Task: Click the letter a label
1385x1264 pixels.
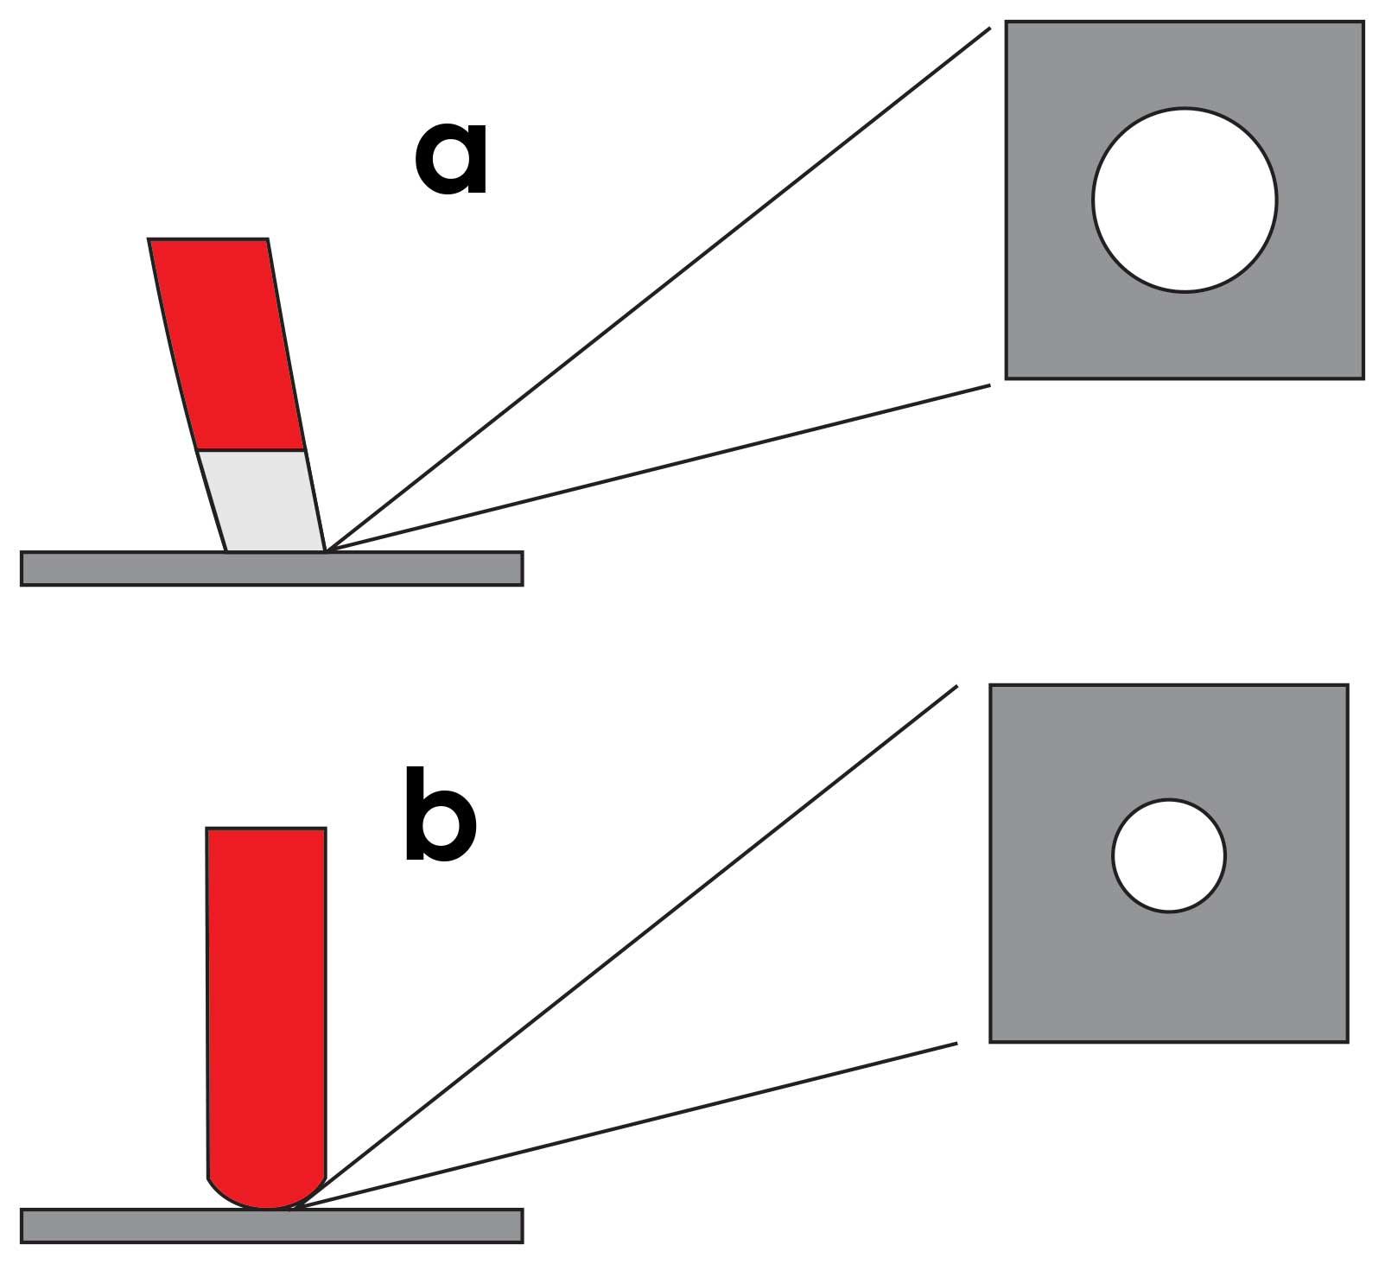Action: point(451,159)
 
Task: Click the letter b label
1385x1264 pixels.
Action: point(440,814)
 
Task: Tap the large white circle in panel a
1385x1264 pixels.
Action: point(1184,200)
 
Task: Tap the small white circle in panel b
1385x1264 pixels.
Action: point(1168,856)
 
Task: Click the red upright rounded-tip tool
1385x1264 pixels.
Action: point(266,994)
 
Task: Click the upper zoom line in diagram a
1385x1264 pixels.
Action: point(657,289)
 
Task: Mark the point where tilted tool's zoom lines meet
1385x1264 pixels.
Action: point(327,550)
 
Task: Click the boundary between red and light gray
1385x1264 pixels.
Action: point(251,450)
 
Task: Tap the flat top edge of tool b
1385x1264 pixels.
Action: point(266,829)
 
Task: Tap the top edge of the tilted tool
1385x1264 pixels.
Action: point(207,239)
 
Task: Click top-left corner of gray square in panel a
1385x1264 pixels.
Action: point(1007,23)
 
